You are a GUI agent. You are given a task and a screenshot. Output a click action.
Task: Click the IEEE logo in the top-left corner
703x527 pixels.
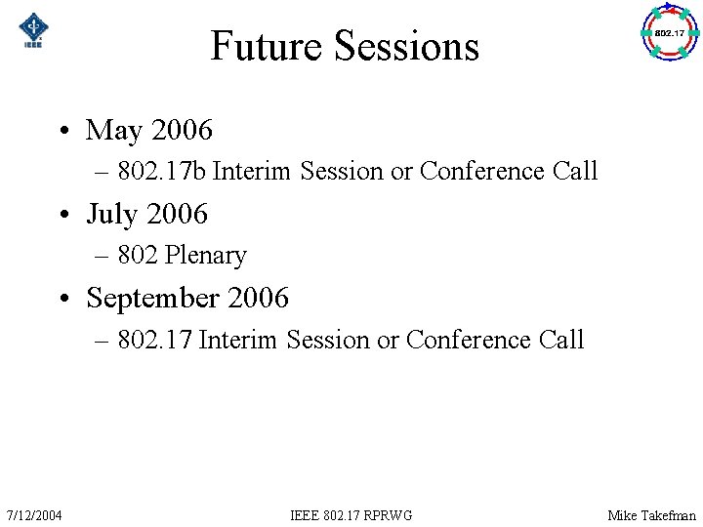click(x=34, y=30)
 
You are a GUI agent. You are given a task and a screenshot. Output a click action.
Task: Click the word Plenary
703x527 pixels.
click(x=206, y=256)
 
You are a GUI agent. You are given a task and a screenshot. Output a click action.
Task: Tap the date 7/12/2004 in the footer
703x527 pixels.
click(x=34, y=514)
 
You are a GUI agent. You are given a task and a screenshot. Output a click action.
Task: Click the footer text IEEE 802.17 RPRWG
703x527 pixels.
click(x=351, y=514)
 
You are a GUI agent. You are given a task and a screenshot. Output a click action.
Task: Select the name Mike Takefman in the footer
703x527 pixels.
click(x=651, y=514)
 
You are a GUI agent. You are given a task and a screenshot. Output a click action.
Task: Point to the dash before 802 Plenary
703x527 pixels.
click(x=103, y=257)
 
